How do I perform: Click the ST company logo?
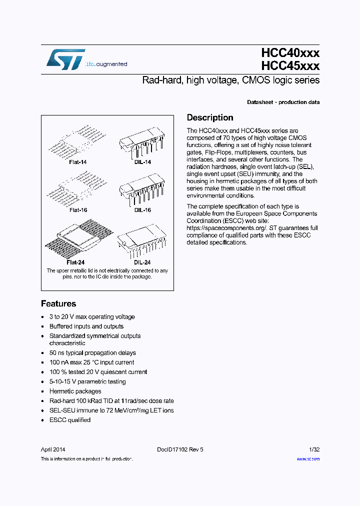pos(65,59)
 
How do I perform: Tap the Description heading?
pos(210,118)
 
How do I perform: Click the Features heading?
pos(58,304)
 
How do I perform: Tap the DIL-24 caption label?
pos(142,262)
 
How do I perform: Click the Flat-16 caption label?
pos(78,210)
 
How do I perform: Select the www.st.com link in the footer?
pos(308,458)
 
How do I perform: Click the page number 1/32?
pos(314,449)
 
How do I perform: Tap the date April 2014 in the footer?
pos(53,449)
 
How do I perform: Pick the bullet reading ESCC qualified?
pos(70,420)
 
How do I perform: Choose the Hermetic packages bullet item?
pos(75,391)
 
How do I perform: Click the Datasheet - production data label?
pos(283,102)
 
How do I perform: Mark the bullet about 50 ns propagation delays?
pos(92,353)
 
